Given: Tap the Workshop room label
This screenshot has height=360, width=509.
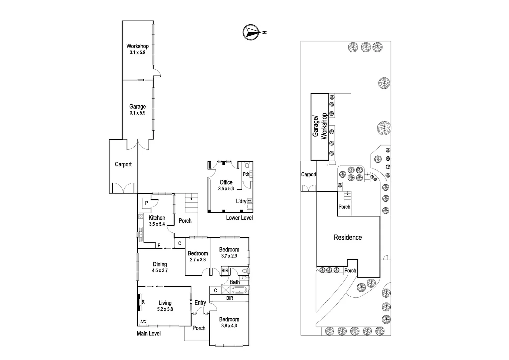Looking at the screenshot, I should coord(137,46).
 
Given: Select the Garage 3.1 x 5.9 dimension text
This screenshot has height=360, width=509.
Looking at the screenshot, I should coord(137,113).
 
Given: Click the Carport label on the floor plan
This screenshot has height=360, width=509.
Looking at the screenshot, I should coord(123,164).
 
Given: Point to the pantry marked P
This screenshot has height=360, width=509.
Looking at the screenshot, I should coord(146,202).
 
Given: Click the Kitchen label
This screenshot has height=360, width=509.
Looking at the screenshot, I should coord(157,218).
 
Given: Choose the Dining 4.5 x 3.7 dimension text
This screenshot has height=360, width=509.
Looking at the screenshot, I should coord(160,271).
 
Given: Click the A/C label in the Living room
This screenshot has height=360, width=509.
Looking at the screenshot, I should coord(143,322).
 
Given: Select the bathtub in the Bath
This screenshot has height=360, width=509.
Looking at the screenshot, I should coord(239,290).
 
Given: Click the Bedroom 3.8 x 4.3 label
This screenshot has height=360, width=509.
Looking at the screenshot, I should coord(229,319).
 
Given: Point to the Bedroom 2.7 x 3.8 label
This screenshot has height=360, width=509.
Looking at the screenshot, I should coord(198,253).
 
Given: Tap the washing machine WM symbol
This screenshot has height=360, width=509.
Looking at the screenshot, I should coord(250,200).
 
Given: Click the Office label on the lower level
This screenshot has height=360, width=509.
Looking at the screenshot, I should coord(226,182).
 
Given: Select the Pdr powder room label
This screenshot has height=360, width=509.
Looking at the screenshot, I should coord(246,174).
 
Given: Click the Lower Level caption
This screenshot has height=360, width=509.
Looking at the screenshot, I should coord(239,218).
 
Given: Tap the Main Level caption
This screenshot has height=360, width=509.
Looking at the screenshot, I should coord(149,333).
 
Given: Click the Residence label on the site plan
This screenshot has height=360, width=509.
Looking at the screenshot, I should coord(348,237).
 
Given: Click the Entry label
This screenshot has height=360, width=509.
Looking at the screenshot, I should coord(200,303).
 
